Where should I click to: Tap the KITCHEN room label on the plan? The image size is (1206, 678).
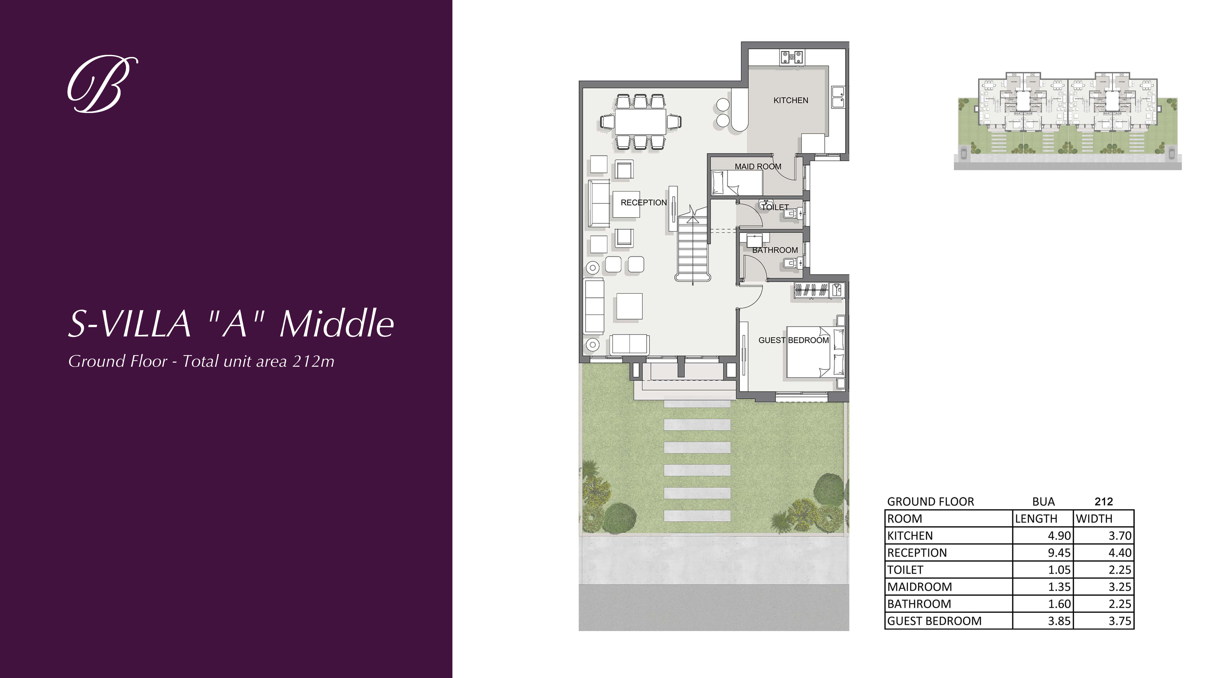(x=791, y=100)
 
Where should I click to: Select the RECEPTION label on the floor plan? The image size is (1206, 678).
(x=643, y=203)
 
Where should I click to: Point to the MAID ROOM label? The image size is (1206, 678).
(x=758, y=167)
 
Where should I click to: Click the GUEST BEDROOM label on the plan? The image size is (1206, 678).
(x=794, y=340)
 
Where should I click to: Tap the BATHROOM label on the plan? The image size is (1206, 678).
(x=775, y=250)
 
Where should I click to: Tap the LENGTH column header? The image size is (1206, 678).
(x=1036, y=518)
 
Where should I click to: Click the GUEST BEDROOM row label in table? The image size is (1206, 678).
(x=934, y=621)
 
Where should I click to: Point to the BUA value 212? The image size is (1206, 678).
(x=1103, y=502)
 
